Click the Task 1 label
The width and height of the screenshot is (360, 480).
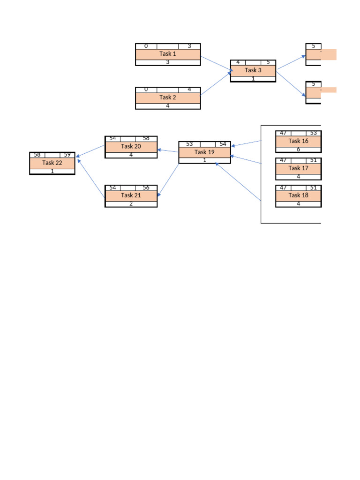coord(168,54)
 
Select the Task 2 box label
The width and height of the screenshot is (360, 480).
coord(168,97)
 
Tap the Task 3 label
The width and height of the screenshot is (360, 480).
coord(253,70)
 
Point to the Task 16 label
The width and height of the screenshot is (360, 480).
coord(298,141)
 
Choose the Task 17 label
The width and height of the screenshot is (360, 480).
coord(298,168)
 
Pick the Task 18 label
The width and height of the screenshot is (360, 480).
coord(298,195)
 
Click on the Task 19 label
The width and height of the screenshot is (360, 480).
coord(204,152)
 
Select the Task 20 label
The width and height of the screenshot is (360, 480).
coord(131,147)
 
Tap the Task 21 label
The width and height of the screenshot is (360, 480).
coord(131,195)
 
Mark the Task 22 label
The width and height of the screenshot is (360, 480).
coord(52,163)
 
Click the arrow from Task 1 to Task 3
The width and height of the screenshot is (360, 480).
coord(216,64)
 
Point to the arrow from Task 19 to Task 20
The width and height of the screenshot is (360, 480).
coord(168,151)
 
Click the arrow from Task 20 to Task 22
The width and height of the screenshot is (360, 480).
coord(90,151)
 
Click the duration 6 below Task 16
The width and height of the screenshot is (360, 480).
coord(298,150)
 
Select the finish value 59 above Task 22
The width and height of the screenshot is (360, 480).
coord(67,155)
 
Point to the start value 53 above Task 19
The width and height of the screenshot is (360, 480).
coord(189,144)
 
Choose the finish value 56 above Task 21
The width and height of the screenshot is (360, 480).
coord(146,188)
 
